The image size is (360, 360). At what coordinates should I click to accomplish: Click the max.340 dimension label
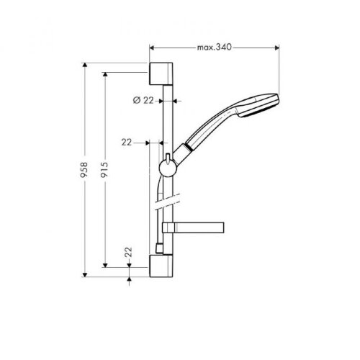point(214,48)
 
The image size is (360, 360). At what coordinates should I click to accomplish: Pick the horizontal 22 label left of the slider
point(127,143)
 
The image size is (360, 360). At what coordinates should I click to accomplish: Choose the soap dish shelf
point(193,228)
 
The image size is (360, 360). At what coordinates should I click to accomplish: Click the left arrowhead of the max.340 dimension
point(152,48)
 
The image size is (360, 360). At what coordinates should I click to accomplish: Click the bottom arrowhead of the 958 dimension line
point(86,274)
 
